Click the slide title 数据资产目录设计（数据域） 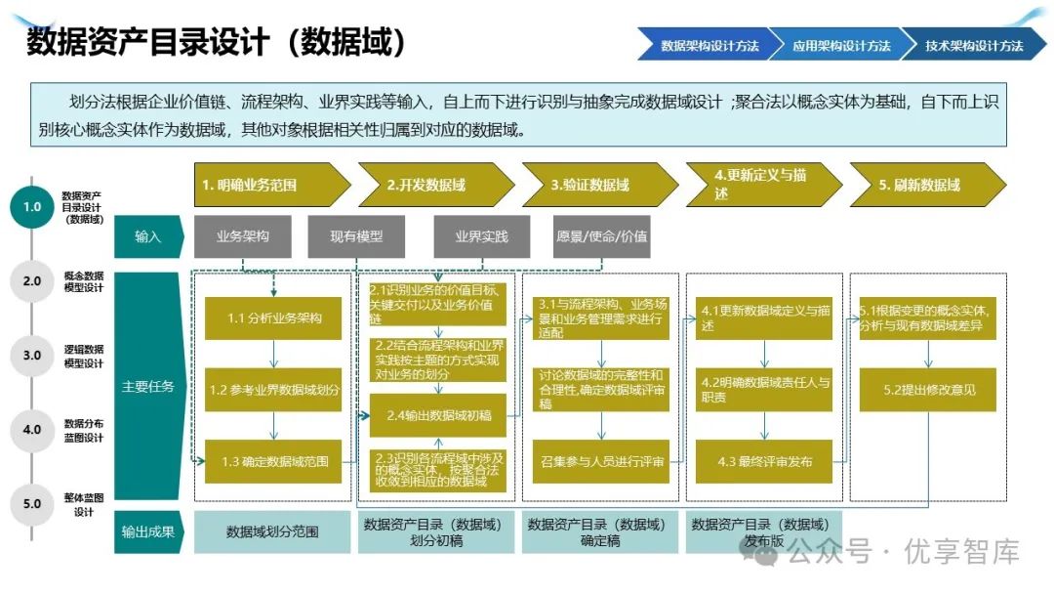tap(216, 43)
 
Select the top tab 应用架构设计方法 tap(841, 45)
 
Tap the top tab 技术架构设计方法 tap(973, 45)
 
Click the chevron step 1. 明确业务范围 tap(267, 185)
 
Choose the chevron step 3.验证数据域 tap(595, 185)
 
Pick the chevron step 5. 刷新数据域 tap(923, 185)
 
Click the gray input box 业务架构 tap(242, 236)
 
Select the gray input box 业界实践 tap(481, 236)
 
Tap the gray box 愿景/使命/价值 tap(601, 236)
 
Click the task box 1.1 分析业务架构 tap(273, 318)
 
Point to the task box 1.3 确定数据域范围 tap(273, 461)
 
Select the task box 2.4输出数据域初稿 tap(438, 415)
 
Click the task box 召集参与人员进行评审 tap(601, 461)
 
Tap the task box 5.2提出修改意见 tap(928, 390)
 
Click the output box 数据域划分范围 tap(272, 532)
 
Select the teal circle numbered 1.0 tap(32, 207)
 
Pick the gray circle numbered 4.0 tap(32, 429)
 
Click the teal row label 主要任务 tap(148, 386)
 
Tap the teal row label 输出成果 tap(148, 532)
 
